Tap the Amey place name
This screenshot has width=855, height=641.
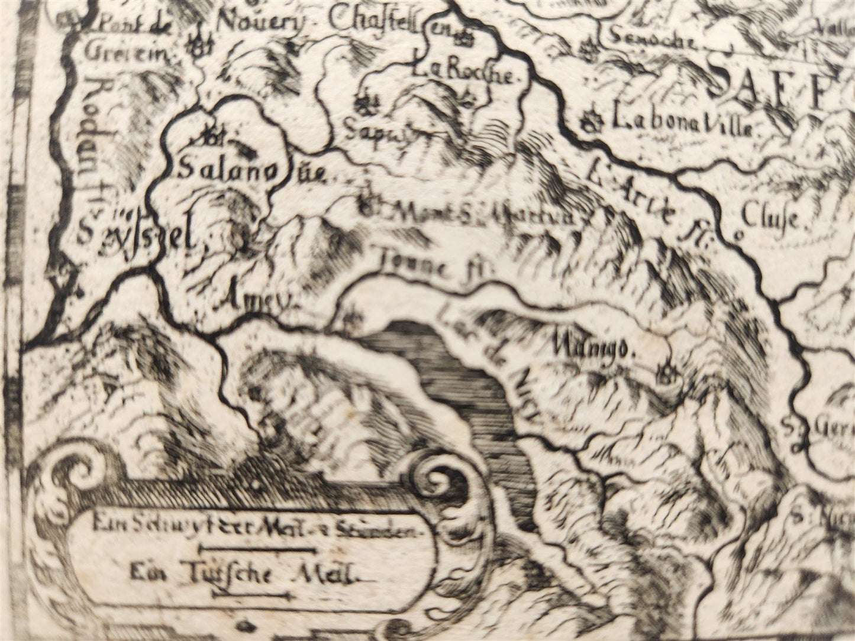[x=258, y=299]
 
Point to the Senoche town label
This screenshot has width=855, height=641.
[x=651, y=39]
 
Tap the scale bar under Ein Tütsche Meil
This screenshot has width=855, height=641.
[x=250, y=596]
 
